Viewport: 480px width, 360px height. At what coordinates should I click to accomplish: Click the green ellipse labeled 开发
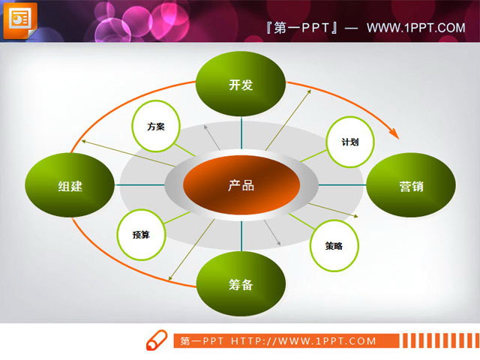(241, 85)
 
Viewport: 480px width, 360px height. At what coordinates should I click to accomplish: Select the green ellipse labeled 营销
(410, 186)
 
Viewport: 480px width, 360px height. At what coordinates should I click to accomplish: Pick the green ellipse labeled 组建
(70, 186)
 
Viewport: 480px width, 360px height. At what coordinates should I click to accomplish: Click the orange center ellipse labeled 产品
(241, 185)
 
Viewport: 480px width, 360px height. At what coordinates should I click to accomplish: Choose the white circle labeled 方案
(156, 126)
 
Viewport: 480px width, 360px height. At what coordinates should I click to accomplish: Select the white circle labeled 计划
(349, 142)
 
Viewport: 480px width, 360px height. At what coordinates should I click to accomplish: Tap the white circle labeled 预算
(141, 235)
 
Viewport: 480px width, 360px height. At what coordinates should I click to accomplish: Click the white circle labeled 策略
(334, 245)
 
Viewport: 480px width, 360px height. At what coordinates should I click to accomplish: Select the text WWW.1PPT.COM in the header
(416, 28)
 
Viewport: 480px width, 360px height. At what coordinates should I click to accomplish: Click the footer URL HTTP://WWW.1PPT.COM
(313, 341)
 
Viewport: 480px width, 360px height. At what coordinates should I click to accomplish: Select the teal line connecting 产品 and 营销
(341, 185)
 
